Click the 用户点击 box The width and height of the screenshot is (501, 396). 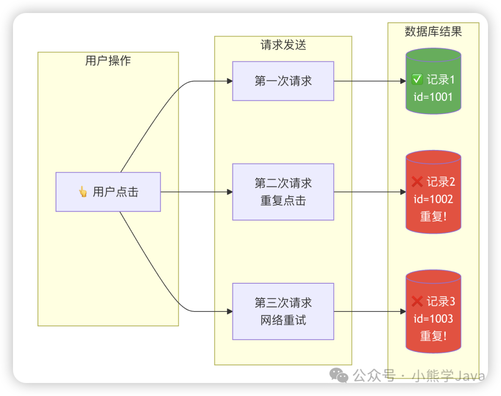point(108,192)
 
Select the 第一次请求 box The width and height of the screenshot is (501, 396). point(283,81)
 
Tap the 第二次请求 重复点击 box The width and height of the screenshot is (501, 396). point(283,192)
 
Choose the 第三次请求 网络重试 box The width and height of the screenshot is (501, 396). point(283,312)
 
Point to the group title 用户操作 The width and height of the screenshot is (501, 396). point(108,61)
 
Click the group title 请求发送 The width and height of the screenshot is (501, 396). point(283,45)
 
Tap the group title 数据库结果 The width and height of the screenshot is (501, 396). point(433,32)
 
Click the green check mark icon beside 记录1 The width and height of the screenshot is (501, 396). point(417,80)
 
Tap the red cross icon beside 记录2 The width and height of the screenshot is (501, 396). point(417,182)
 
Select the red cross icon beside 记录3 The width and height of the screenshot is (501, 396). point(417,301)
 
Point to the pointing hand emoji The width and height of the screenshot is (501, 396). point(83,192)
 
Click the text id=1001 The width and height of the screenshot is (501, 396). point(433,97)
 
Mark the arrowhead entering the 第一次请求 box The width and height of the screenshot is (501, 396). point(230,81)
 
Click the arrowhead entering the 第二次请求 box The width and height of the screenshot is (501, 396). point(230,192)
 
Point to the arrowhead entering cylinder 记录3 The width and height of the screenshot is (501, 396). point(403,312)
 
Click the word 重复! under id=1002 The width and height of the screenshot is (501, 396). point(433,216)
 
